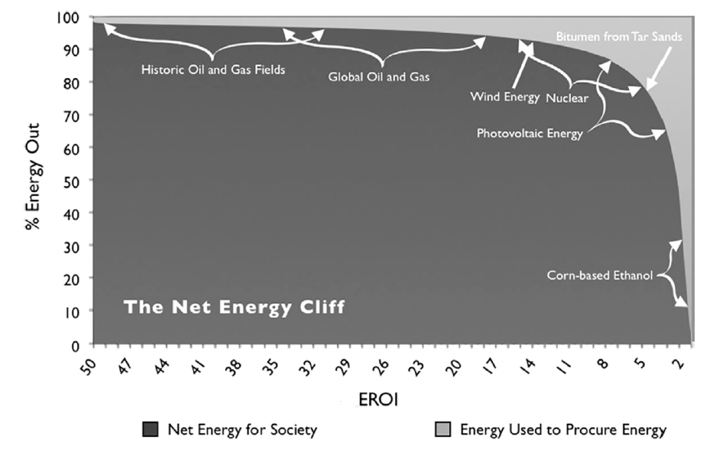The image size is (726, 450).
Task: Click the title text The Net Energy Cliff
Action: click(x=234, y=308)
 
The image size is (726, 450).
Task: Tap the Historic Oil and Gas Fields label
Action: click(x=213, y=70)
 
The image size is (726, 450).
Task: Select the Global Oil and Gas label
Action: click(x=379, y=77)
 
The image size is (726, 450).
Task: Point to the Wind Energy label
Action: click(x=504, y=97)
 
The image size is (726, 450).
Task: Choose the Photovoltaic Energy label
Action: click(x=530, y=133)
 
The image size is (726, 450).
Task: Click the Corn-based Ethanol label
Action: click(x=600, y=276)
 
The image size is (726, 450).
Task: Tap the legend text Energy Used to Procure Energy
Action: click(x=563, y=430)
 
